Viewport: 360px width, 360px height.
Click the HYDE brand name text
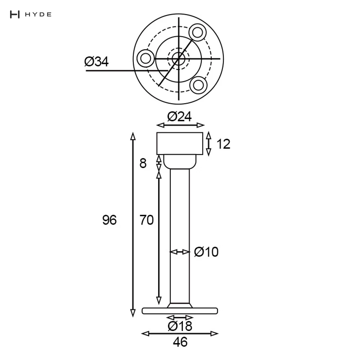[x=38, y=14]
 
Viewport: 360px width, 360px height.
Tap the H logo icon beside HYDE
[x=15, y=14]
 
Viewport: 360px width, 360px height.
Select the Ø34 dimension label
[x=96, y=62]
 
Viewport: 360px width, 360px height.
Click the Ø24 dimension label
[x=179, y=117]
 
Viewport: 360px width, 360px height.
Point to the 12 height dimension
[x=224, y=144]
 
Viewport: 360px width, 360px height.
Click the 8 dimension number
[x=143, y=163]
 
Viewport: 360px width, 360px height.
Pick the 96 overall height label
[x=109, y=220]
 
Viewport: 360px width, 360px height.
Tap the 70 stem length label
[x=147, y=220]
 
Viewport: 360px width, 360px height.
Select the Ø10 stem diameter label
[x=206, y=252]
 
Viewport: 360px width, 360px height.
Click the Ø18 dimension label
[x=180, y=326]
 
